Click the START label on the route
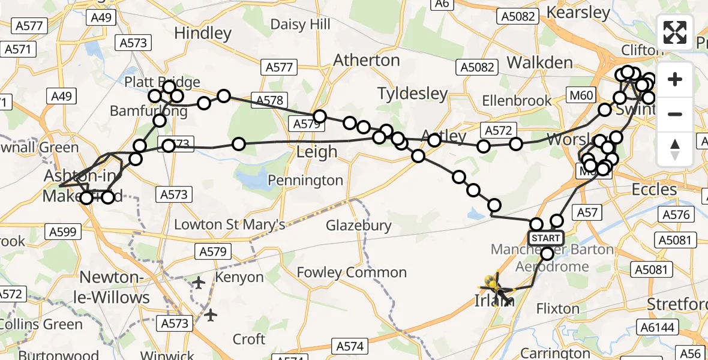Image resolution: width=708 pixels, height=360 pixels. click(545, 238)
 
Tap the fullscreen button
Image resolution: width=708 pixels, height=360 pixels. click(675, 32)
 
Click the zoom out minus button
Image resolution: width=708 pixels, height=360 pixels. click(675, 114)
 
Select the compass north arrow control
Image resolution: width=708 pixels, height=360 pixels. click(675, 149)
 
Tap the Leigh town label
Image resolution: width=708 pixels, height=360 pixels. click(317, 152)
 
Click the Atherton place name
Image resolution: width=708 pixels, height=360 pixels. click(366, 60)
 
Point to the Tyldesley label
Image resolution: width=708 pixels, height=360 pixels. click(413, 93)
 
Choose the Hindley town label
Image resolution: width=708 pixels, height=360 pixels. click(202, 33)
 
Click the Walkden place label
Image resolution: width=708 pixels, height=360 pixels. click(539, 62)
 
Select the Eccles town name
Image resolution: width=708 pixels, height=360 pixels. click(654, 190)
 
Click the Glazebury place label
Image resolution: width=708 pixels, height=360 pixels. click(359, 226)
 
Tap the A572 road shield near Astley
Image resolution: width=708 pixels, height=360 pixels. click(496, 129)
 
